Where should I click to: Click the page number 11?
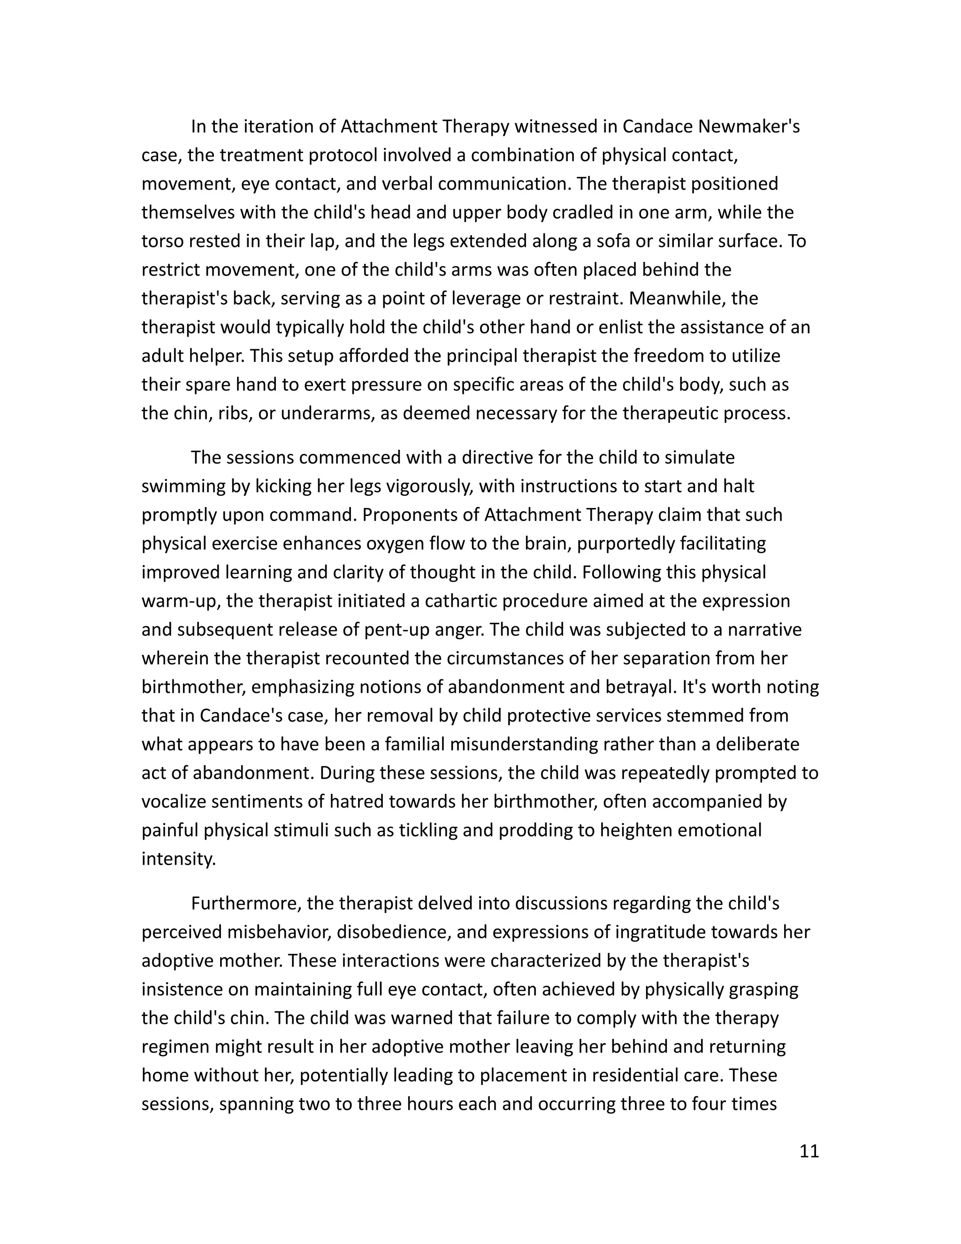(809, 1151)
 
